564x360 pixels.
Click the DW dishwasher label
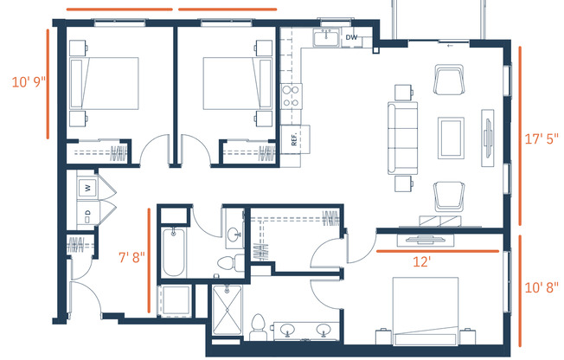351,37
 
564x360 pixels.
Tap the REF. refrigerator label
294,139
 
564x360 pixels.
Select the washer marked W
87,188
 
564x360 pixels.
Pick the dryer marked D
87,215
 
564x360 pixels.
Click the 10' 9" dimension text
29,82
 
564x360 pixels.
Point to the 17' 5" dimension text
542,138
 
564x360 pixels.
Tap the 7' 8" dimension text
131,257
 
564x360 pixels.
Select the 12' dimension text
421,261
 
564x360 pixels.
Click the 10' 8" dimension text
542,287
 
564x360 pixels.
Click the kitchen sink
326,37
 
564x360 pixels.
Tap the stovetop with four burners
291,96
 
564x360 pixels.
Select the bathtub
174,252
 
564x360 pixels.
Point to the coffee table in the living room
451,138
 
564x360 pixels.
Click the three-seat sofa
402,138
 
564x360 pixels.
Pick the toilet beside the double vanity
257,328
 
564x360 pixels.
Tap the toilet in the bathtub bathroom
230,262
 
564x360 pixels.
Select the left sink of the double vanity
287,330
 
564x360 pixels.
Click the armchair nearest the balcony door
449,80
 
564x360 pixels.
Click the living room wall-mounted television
488,138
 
